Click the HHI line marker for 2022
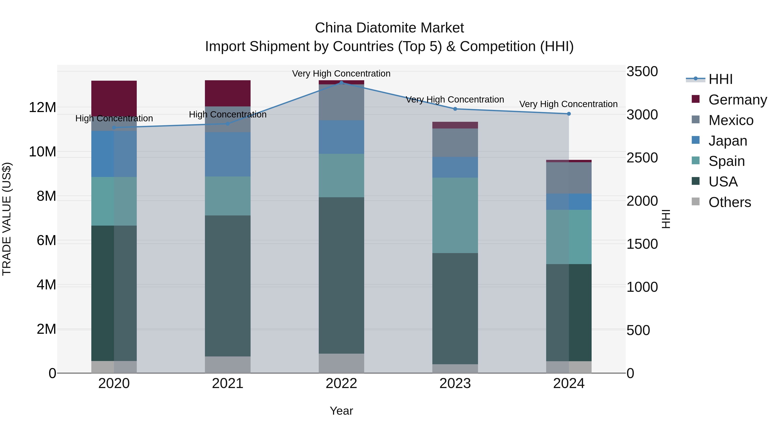click(341, 83)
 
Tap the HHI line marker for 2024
click(568, 114)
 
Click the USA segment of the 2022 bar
click(341, 275)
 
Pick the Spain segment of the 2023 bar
click(455, 215)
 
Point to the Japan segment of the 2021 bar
click(228, 154)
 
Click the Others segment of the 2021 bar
click(228, 364)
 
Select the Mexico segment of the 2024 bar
click(568, 178)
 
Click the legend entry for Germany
click(737, 100)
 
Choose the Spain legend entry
click(726, 161)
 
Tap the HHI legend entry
click(720, 79)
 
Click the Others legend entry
click(729, 202)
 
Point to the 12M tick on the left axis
click(42, 107)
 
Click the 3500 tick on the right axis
click(642, 72)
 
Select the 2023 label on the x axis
click(455, 383)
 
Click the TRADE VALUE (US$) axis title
click(7, 219)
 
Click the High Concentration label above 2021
click(228, 115)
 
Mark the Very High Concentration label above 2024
click(568, 104)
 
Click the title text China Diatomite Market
click(389, 28)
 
